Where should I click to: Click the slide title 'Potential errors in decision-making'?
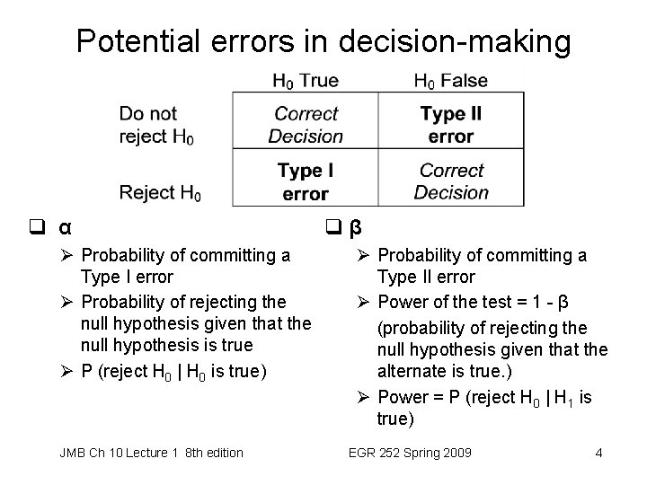(323, 40)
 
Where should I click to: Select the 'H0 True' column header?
(306, 81)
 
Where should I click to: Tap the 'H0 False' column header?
(450, 81)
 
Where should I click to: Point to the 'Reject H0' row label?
(160, 192)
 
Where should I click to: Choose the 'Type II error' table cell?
(450, 125)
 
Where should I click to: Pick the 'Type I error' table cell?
(306, 181)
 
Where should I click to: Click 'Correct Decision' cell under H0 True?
(306, 125)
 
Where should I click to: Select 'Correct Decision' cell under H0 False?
(450, 181)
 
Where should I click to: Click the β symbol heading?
(355, 225)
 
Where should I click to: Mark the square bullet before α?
(44, 226)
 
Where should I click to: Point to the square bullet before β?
(332, 225)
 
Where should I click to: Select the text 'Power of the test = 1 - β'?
(473, 302)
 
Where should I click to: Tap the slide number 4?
(598, 453)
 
